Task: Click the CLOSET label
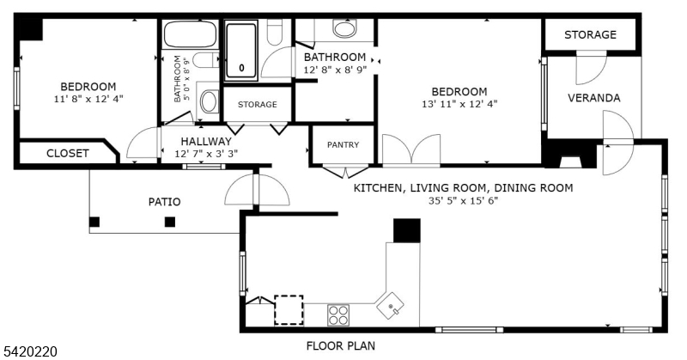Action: (67, 154)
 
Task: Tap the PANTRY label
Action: (343, 145)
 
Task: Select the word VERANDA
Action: (593, 98)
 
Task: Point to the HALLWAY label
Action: (206, 141)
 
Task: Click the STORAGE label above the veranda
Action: (590, 35)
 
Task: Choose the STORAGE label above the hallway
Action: (257, 105)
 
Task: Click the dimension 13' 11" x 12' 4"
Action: (459, 104)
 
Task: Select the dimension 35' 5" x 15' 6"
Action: (463, 200)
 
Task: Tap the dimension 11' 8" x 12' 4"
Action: (88, 99)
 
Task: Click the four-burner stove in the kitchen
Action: (338, 314)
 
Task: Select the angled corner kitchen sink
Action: (394, 305)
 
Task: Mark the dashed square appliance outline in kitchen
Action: (289, 309)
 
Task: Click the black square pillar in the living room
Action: (406, 230)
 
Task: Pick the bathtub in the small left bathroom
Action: (190, 35)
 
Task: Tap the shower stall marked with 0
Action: (242, 52)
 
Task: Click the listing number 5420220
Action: (30, 351)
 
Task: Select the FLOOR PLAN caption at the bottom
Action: (341, 345)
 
